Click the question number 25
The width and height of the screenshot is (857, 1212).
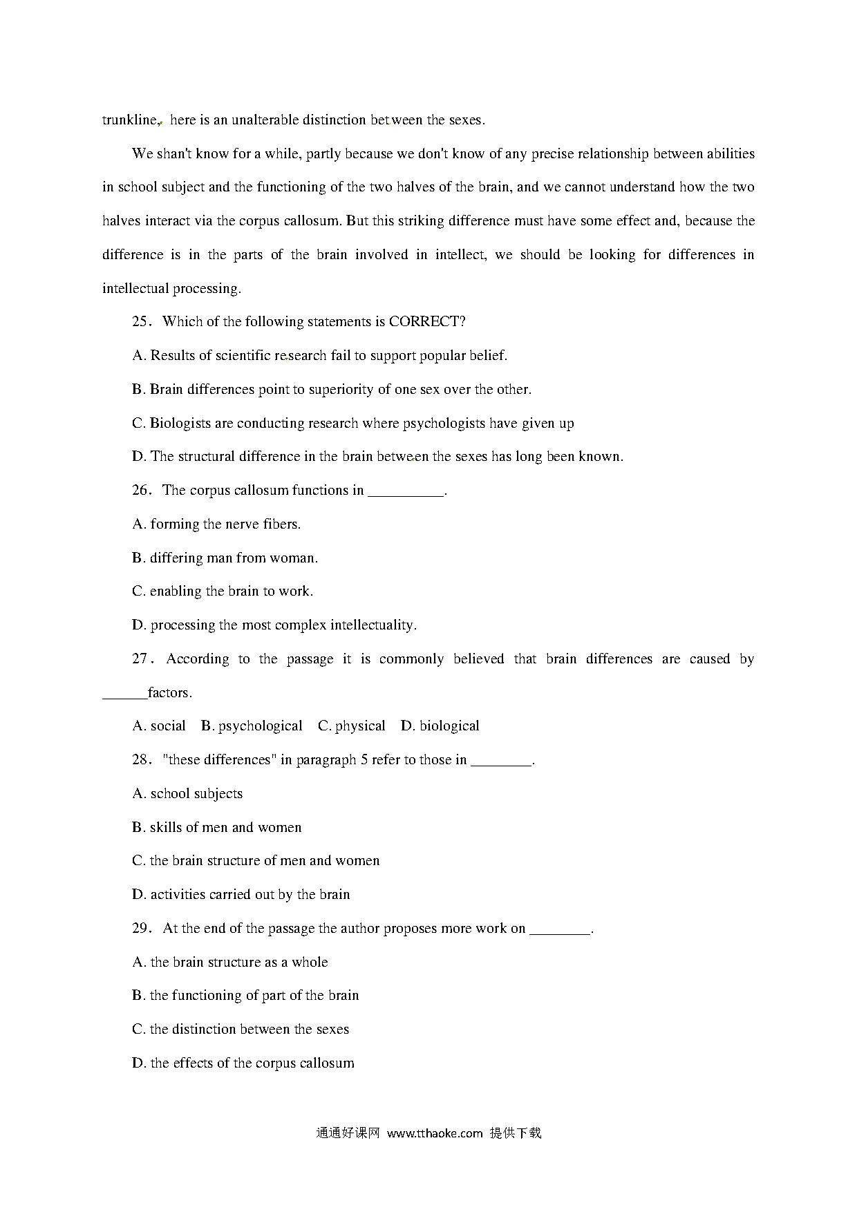click(x=141, y=322)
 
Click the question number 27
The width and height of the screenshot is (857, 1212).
click(x=141, y=659)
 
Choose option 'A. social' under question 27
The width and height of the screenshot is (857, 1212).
click(x=159, y=726)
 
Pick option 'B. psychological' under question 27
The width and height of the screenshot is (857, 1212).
click(x=252, y=726)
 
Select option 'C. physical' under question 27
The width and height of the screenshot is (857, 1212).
click(x=351, y=726)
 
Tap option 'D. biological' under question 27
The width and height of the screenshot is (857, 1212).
click(x=440, y=726)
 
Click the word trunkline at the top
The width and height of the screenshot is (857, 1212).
click(x=130, y=120)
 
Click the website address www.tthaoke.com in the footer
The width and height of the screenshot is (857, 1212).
click(x=435, y=1133)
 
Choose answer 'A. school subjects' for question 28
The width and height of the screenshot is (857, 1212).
click(x=187, y=794)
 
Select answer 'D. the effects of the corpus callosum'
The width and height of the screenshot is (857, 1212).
click(x=243, y=1063)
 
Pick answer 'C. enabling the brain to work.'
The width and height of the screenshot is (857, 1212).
click(x=223, y=591)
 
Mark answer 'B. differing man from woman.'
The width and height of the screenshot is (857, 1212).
click(x=225, y=558)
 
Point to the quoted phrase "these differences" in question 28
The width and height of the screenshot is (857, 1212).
click(x=217, y=760)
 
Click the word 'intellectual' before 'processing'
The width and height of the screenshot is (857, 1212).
click(x=135, y=289)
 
